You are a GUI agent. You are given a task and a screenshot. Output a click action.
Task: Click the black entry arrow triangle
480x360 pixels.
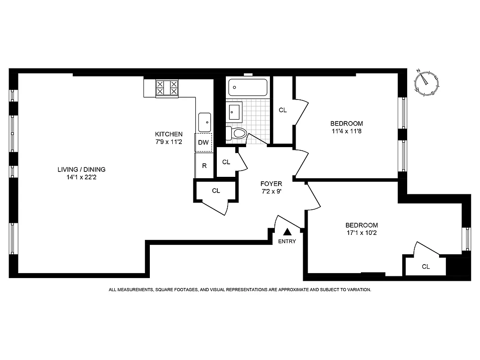click(x=287, y=232)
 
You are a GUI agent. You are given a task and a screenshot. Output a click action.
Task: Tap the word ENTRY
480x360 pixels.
click(x=287, y=242)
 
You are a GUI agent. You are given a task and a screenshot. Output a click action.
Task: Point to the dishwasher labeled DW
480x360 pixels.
click(x=203, y=143)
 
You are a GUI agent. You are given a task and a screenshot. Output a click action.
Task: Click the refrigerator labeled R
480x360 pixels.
click(x=204, y=166)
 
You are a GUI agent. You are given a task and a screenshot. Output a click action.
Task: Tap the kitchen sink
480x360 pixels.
click(x=205, y=121)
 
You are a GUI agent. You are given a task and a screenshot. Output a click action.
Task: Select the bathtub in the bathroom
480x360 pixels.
click(x=248, y=87)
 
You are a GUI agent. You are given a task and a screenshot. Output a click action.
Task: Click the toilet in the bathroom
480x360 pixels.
click(x=237, y=133)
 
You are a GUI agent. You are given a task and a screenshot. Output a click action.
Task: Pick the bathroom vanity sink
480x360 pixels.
click(x=234, y=111)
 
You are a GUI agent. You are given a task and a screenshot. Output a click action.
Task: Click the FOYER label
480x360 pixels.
click(x=271, y=184)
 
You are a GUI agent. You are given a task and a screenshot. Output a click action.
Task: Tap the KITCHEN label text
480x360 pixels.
click(x=169, y=134)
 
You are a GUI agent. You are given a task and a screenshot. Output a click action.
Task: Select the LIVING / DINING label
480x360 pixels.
click(x=81, y=170)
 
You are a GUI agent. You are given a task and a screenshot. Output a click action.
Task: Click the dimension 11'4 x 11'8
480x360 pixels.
click(x=346, y=131)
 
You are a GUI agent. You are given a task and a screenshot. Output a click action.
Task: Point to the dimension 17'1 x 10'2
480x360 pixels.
click(x=361, y=233)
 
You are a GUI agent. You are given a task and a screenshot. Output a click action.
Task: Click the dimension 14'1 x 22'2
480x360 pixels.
click(x=81, y=177)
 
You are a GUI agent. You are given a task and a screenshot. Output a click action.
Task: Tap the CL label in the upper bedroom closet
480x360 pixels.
click(x=283, y=110)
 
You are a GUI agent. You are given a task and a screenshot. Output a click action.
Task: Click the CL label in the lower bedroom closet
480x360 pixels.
click(x=426, y=266)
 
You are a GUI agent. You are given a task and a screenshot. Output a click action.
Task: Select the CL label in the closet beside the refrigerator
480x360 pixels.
click(x=226, y=162)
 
